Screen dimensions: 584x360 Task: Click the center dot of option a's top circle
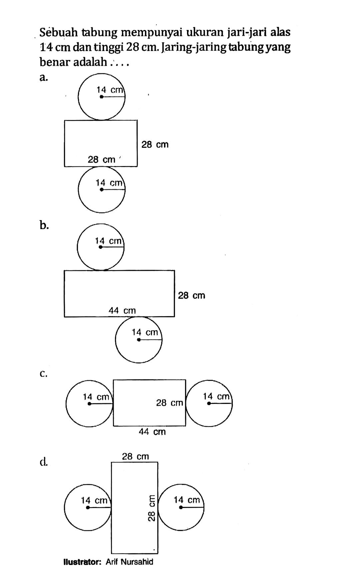point(101,97)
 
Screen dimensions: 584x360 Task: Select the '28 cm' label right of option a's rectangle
point(155,144)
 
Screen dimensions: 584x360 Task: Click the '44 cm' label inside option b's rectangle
point(122,311)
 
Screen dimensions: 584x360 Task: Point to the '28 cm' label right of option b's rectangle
point(192,295)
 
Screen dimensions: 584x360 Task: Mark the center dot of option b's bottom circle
point(139,340)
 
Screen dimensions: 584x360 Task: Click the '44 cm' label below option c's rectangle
point(152,432)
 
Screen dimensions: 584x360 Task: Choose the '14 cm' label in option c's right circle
point(216,396)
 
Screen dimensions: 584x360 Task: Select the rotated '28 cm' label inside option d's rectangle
point(151,507)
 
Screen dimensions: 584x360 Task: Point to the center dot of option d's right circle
point(181,507)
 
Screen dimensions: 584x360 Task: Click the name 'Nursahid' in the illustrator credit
point(137,562)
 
